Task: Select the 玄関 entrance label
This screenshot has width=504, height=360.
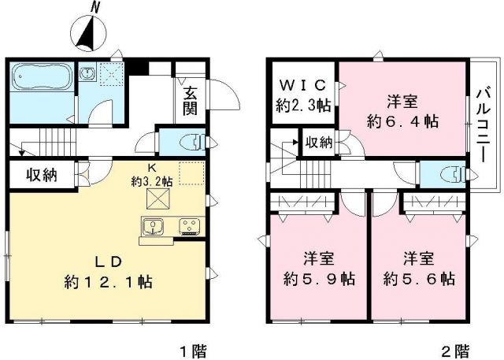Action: (190, 101)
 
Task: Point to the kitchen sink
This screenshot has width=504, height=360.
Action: (154, 228)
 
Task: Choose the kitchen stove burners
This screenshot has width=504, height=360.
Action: (189, 228)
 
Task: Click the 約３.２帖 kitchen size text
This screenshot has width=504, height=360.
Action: (152, 180)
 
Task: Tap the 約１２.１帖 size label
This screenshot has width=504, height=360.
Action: (109, 281)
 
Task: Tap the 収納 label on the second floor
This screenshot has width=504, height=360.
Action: (317, 143)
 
